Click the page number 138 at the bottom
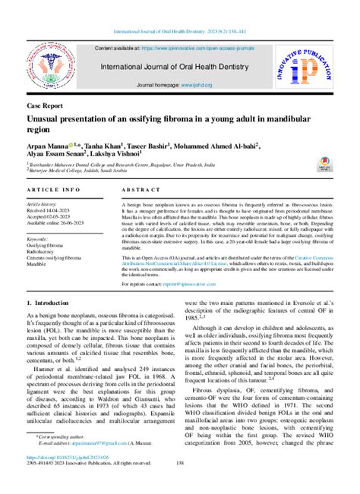[x=180, y=483]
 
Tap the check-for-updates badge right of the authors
[x=324, y=162]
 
